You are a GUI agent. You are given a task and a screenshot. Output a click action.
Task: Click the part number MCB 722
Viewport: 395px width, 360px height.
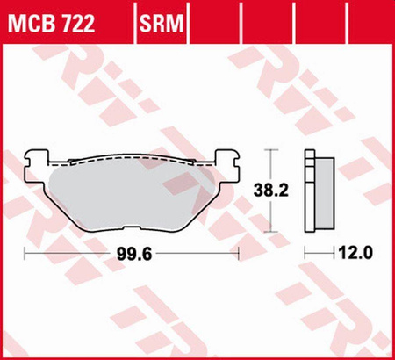[x=52, y=23]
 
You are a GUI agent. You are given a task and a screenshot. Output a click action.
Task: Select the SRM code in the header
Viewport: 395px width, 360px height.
[x=162, y=23]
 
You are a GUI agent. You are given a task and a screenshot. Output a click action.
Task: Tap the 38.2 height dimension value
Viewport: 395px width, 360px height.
[x=267, y=190]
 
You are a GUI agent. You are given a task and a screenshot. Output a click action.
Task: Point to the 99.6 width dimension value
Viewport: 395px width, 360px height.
[x=134, y=254]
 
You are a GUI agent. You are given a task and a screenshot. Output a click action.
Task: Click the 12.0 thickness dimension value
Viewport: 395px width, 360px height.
[x=355, y=252]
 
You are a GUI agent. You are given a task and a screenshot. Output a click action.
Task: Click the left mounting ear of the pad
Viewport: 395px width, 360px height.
[x=36, y=168]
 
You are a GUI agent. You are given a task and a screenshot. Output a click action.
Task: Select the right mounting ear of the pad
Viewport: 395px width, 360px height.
[x=227, y=168]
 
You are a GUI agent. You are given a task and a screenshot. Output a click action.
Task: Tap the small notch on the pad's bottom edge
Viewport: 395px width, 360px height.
[x=132, y=227]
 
